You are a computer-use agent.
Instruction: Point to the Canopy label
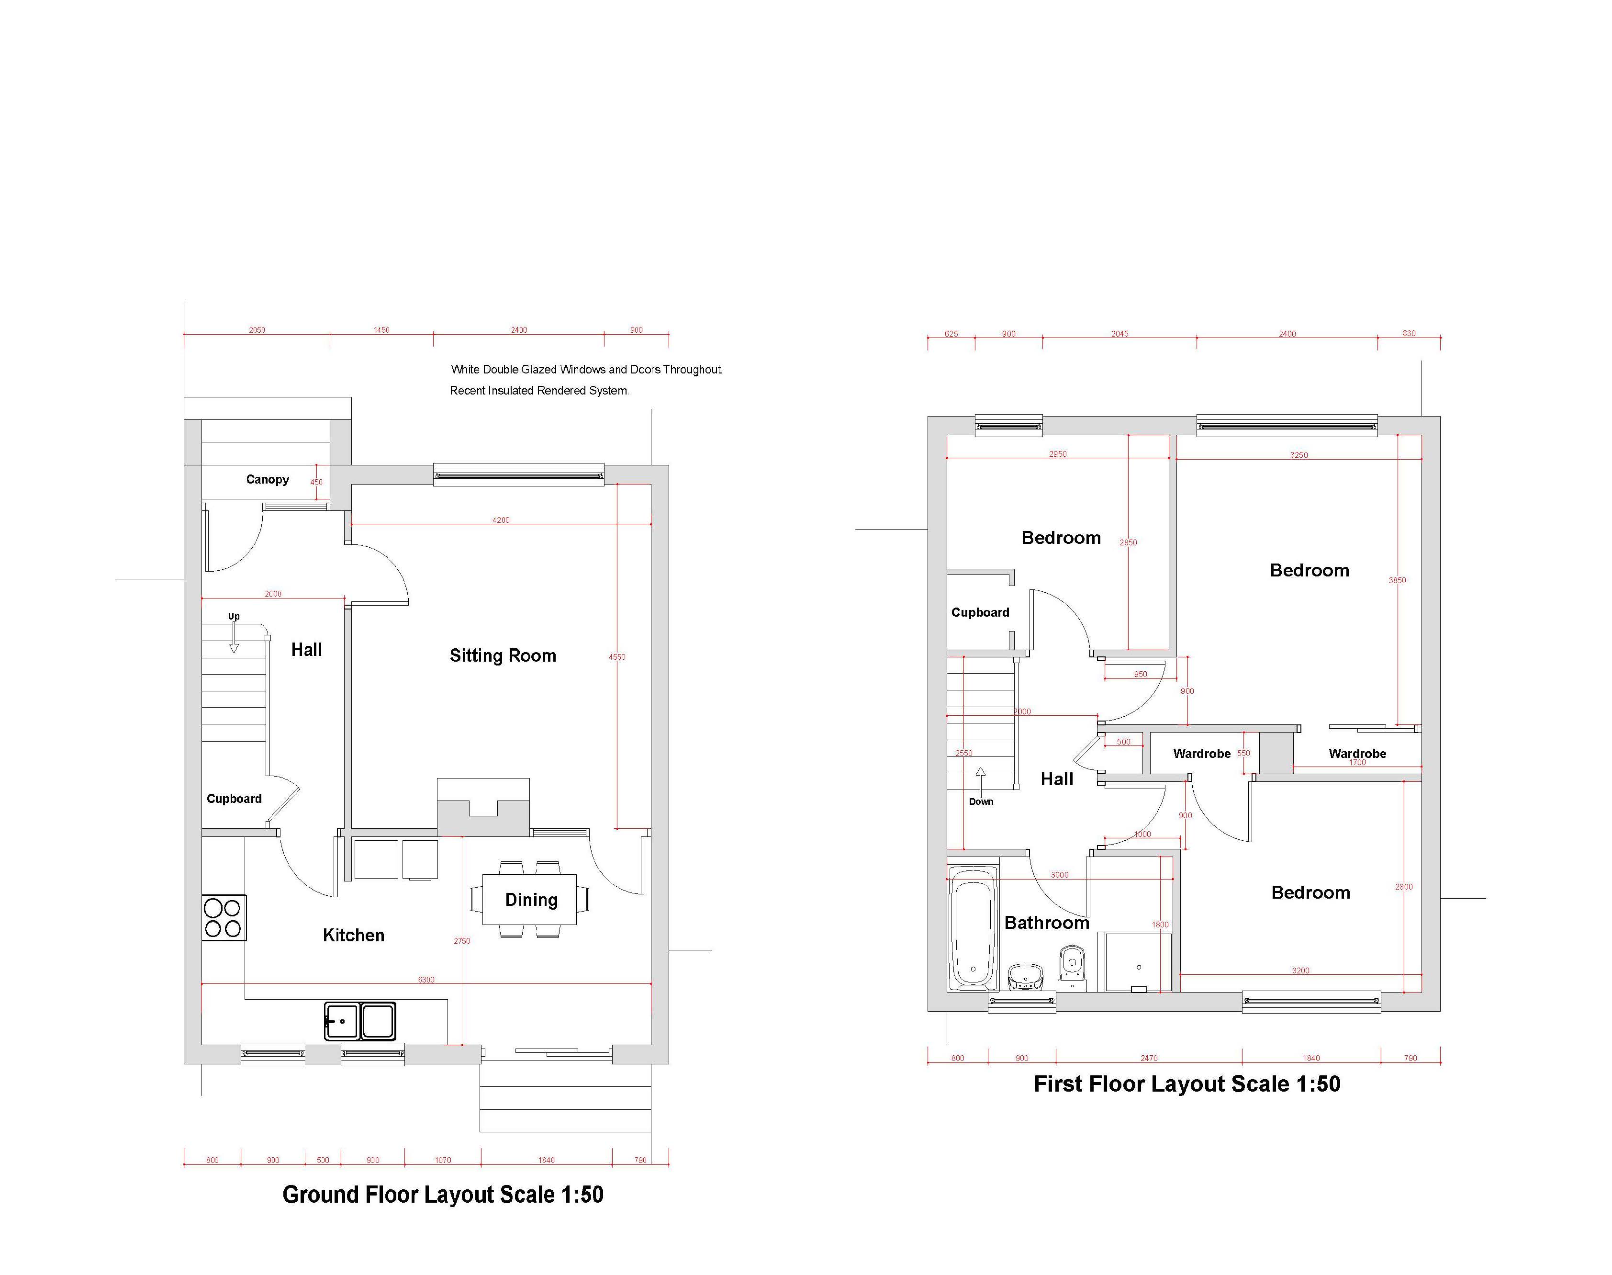[267, 479]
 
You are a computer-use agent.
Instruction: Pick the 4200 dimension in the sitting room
[501, 520]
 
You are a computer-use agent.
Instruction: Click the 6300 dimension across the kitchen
[426, 980]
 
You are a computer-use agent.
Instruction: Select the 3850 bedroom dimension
[1397, 580]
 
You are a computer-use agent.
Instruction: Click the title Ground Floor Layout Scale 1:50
[443, 1195]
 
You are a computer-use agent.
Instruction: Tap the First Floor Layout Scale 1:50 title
[1187, 1084]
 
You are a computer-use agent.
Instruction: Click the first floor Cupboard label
[980, 612]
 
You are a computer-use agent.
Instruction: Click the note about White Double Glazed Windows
[587, 370]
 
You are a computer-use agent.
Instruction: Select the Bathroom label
[1046, 923]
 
